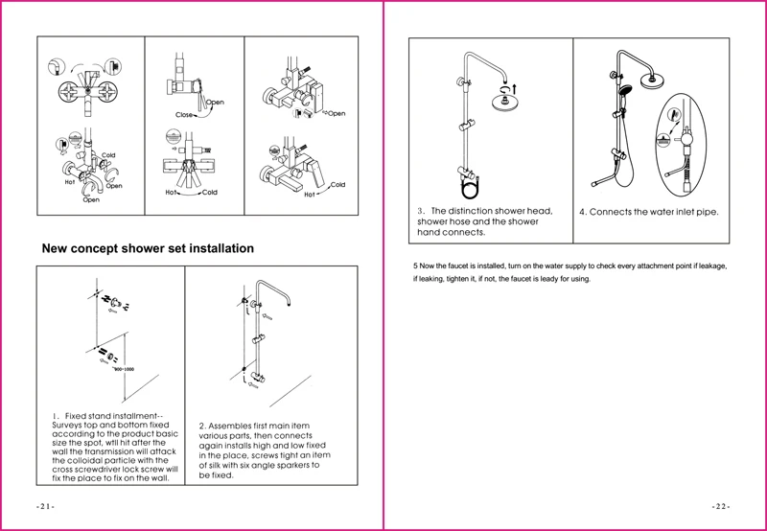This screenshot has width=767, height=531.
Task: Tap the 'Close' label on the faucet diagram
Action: point(184,114)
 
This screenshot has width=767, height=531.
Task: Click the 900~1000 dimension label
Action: point(126,368)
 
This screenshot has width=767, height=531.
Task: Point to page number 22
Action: point(721,505)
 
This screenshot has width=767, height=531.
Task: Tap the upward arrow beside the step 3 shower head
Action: point(523,88)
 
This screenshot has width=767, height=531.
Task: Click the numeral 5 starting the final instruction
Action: point(414,265)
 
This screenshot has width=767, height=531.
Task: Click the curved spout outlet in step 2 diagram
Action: point(292,307)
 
